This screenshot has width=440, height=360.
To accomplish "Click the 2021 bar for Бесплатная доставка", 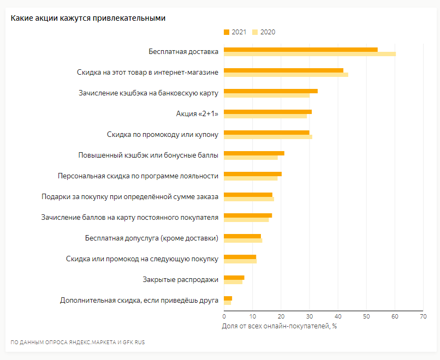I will click(300, 50).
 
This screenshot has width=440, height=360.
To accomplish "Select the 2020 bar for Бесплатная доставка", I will click(310, 54).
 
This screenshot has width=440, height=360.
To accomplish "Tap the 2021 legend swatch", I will click(227, 32).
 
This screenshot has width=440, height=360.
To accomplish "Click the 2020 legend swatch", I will click(255, 32).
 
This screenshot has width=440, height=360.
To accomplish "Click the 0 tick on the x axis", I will click(224, 316).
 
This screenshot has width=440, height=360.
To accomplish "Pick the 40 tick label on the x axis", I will click(337, 316).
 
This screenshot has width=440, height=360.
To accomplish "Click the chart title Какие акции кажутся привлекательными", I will click(88, 18).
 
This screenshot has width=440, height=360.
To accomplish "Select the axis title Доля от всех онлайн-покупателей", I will click(279, 326).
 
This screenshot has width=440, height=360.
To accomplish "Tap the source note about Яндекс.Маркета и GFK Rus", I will click(78, 343).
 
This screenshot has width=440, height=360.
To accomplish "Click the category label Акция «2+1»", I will click(197, 113).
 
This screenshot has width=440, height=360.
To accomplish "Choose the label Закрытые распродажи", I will click(181, 280).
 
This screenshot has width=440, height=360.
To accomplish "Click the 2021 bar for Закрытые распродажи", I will click(234, 278).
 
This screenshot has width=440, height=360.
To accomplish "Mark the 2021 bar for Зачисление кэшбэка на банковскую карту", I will click(271, 91).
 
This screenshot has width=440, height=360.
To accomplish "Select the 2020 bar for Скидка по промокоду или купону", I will click(268, 137).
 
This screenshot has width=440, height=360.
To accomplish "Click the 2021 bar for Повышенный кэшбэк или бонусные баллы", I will click(254, 153).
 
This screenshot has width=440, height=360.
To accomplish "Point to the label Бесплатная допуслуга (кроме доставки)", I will click(152, 238).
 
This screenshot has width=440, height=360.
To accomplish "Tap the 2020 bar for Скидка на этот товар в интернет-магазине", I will click(286, 75).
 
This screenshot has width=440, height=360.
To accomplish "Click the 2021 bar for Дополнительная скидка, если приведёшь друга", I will click(228, 298).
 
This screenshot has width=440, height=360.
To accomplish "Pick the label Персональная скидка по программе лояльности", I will click(138, 176).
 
